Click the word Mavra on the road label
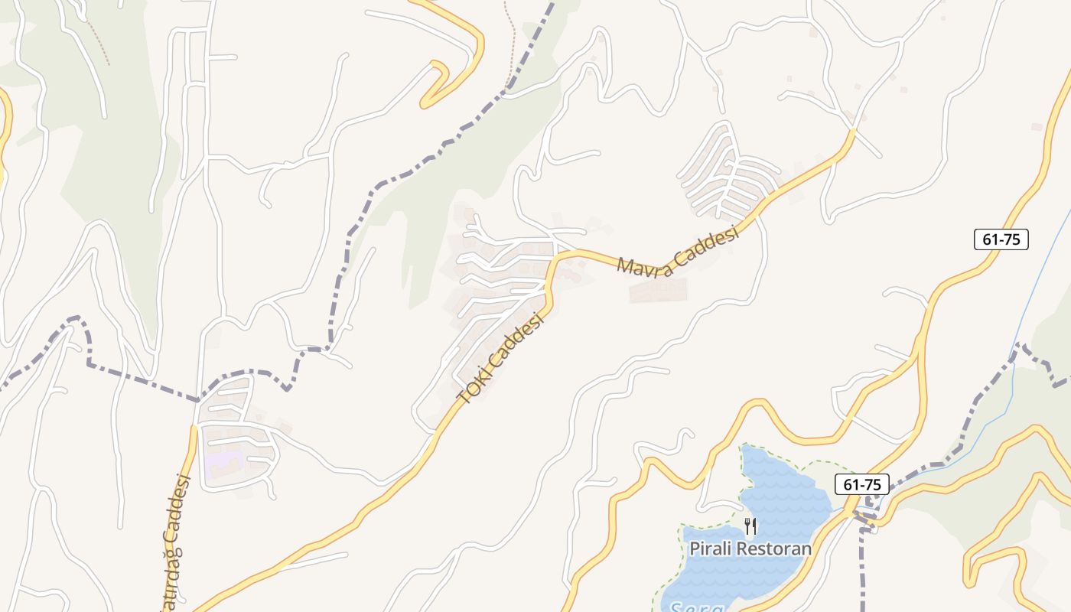tap(645, 262)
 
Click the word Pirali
tap(714, 549)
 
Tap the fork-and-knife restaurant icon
tap(750, 526)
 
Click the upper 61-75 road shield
tap(1001, 239)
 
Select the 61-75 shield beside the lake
tap(862, 484)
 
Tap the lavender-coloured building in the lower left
tap(223, 462)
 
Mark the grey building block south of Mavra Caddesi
tap(658, 291)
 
